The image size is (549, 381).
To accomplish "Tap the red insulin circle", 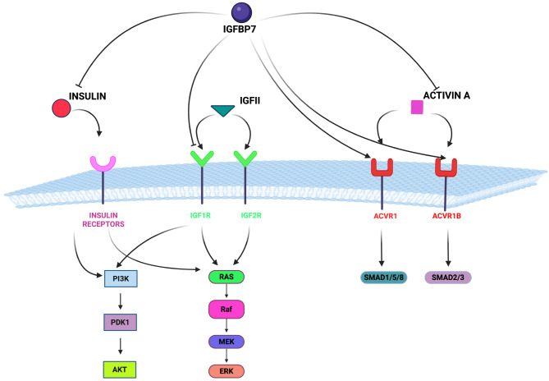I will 61,109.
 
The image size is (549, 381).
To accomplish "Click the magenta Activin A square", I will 417,107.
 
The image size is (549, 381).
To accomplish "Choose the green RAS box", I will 224,278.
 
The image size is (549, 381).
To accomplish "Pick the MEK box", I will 224,342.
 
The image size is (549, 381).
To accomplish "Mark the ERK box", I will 224,371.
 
